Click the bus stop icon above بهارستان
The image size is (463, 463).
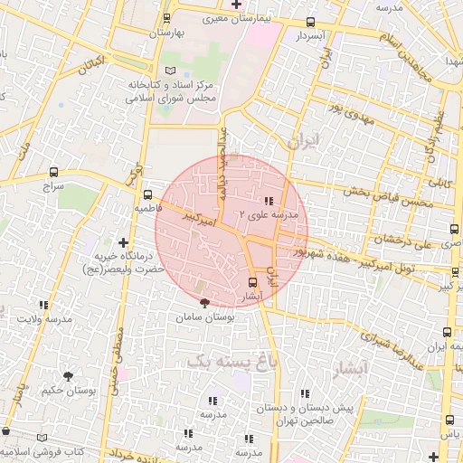click(165, 18)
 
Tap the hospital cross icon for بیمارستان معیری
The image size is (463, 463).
click(236, 5)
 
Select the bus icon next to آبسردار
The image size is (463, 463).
click(311, 23)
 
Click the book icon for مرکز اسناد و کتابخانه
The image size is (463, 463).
click(171, 71)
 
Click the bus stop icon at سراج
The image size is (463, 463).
click(54, 171)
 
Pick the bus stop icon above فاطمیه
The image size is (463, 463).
click(147, 194)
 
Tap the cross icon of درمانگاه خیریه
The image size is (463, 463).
click(123, 241)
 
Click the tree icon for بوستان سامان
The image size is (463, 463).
click(203, 304)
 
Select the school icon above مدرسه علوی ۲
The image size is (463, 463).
click(268, 201)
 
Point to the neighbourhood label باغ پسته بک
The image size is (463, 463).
click(217, 361)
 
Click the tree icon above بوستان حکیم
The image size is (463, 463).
click(69, 376)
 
